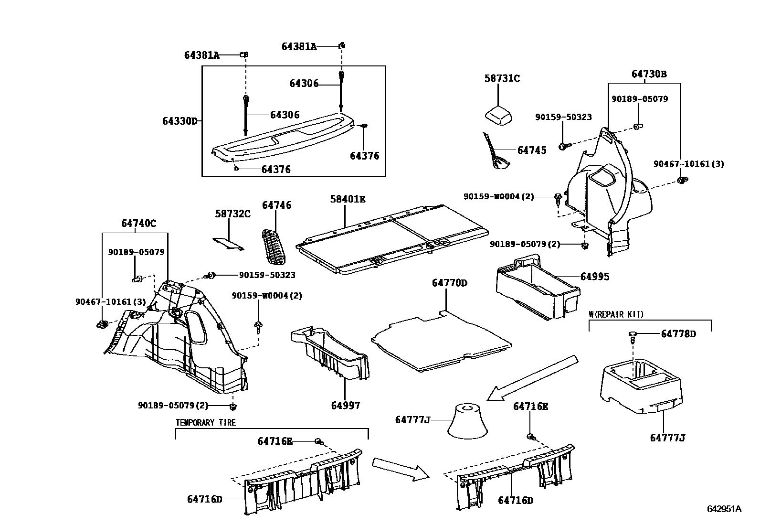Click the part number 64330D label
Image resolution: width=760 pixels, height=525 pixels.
179,121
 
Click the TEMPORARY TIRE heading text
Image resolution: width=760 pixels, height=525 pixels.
206,422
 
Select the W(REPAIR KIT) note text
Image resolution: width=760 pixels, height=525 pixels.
616,314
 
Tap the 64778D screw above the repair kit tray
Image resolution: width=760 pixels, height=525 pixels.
633,335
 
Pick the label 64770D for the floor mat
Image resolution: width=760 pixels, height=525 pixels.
449,283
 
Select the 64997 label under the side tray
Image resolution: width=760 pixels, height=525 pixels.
346,406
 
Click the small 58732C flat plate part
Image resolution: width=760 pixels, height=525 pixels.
228,244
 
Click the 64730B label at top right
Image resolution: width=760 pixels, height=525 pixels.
649,74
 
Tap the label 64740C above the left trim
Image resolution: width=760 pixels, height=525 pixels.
138,223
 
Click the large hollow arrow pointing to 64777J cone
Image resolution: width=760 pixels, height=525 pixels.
532,378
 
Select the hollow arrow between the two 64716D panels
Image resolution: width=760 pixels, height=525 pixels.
400,468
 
